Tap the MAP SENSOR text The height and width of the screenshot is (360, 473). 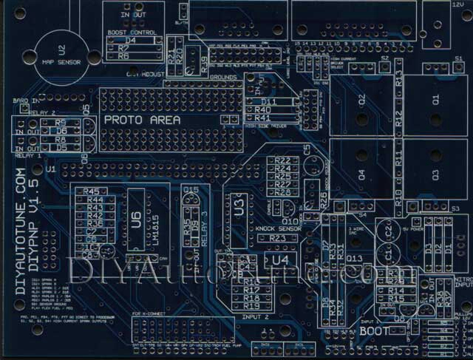pyautogui.click(x=61, y=64)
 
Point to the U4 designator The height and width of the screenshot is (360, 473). pyautogui.click(x=281, y=259)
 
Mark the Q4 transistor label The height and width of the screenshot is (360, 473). pyautogui.click(x=362, y=174)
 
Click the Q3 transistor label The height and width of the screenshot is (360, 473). pyautogui.click(x=435, y=174)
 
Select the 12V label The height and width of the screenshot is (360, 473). pyautogui.click(x=457, y=5)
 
